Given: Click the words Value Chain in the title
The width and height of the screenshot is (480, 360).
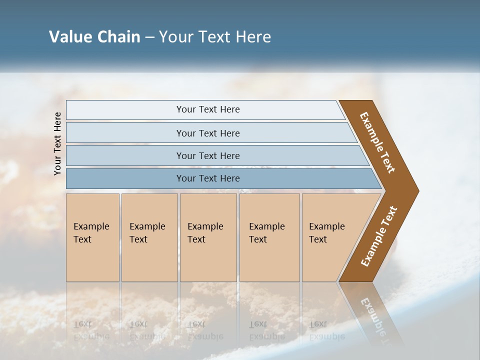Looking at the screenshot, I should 94,37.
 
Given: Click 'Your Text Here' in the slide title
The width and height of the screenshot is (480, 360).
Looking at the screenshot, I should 215,37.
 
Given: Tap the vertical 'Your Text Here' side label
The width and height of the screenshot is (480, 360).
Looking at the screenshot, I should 57,144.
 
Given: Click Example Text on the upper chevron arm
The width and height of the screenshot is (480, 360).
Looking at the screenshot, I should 377,142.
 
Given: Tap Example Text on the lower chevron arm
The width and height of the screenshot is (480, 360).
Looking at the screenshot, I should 379,236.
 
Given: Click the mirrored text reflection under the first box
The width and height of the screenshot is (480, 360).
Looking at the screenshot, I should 91,330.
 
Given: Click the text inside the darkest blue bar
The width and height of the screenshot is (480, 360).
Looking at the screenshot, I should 208,178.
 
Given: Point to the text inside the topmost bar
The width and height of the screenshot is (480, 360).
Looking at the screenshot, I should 208,109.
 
